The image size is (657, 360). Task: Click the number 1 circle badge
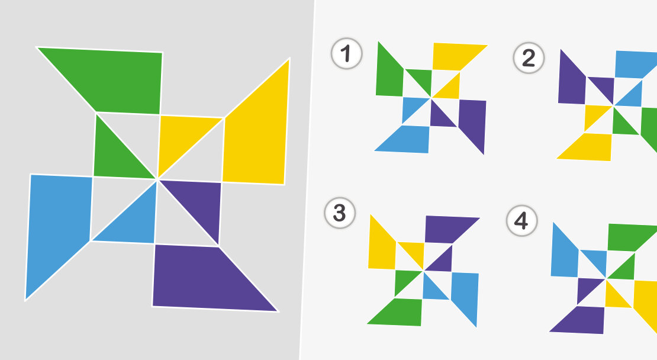coord(346,54)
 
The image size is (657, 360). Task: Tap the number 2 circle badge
coord(529,58)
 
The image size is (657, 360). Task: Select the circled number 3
coord(340,213)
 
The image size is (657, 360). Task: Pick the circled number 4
coord(521,221)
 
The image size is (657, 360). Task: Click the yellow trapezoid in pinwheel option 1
coord(455,57)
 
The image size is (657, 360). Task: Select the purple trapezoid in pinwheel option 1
coord(473,121)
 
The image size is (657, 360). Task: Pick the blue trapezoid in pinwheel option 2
coord(633,65)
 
